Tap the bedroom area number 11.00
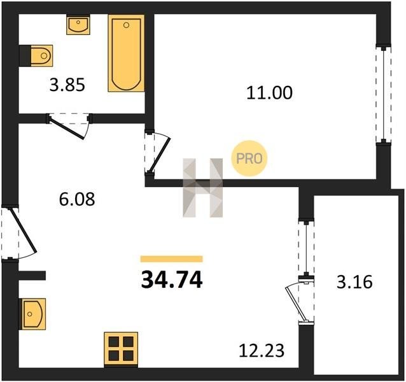point(269,93)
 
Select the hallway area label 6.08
point(77,199)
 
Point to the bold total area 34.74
point(172,279)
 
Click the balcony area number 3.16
point(354,282)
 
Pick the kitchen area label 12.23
point(262,350)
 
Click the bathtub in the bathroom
point(127,53)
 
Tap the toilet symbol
point(36,55)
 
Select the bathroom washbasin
point(78,25)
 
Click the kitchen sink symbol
point(32,314)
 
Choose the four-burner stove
point(121,350)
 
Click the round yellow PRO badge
point(249,159)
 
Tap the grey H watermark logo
point(203,188)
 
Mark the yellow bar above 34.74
point(171,259)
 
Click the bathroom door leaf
point(67,129)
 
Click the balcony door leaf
point(295,304)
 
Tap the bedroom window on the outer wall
point(384,94)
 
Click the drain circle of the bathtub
point(127,25)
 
